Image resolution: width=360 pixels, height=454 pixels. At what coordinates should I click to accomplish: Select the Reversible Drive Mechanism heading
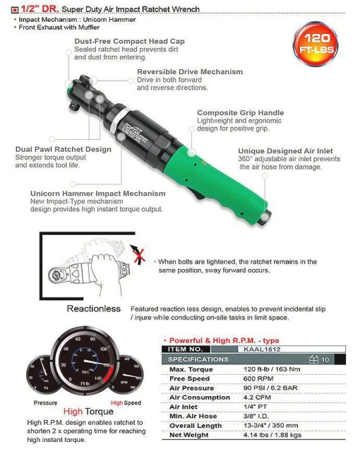point(189,72)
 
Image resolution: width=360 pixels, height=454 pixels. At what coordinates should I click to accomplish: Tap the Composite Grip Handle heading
point(240,113)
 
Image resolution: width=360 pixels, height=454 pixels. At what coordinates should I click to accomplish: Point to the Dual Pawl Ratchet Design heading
point(64,150)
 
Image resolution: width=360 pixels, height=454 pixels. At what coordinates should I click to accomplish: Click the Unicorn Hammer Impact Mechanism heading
point(97,193)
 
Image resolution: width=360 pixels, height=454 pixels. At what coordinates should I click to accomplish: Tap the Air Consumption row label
point(197,398)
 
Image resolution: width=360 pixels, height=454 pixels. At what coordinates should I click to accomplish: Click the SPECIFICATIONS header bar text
point(198,359)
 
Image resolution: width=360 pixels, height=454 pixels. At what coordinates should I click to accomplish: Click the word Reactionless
point(93,309)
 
